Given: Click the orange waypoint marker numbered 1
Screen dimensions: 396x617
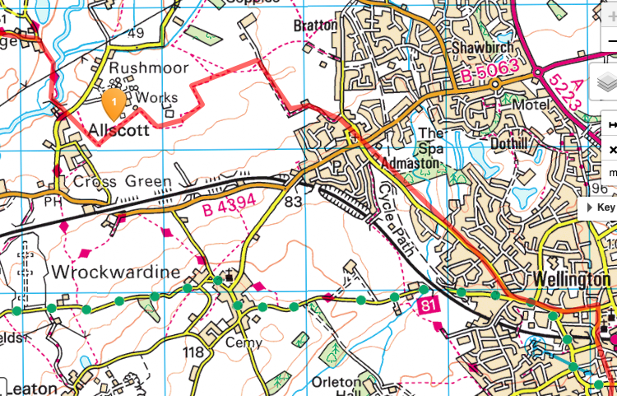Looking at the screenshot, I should (x=114, y=103).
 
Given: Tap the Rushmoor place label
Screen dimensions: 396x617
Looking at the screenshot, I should (x=149, y=68).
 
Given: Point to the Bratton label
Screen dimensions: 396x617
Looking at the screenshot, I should (x=315, y=26).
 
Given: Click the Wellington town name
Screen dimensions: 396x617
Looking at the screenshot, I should (x=571, y=279).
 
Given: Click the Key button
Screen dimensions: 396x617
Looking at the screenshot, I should (x=600, y=208).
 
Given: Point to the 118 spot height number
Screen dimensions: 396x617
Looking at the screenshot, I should (x=193, y=352).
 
